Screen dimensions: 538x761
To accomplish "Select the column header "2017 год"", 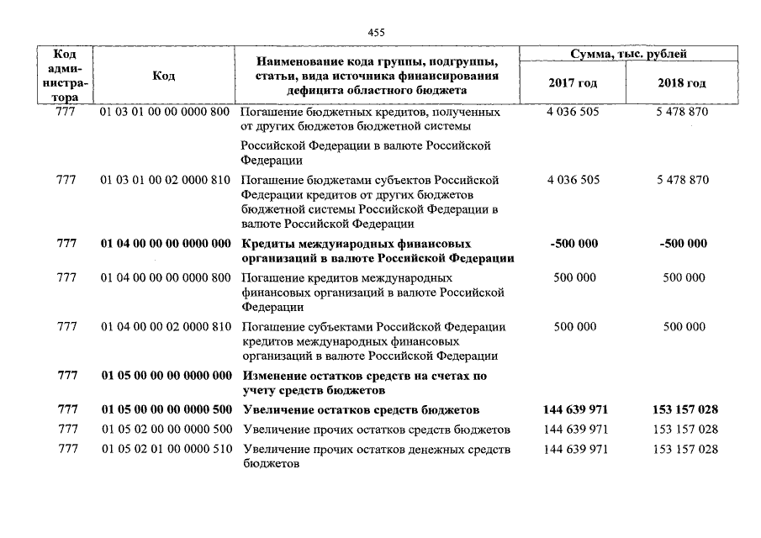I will tap(573, 83).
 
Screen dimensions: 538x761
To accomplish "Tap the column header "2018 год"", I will tap(682, 83).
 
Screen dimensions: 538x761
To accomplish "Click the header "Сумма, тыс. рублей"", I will tap(627, 55).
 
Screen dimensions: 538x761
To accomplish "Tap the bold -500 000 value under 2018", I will tap(683, 244).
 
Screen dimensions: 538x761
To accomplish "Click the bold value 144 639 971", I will tap(575, 410).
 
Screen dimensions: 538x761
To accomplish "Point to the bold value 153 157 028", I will tap(684, 410).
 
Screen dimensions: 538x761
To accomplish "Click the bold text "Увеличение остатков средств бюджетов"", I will tap(361, 410).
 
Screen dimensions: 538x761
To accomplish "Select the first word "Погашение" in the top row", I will tap(269, 112).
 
